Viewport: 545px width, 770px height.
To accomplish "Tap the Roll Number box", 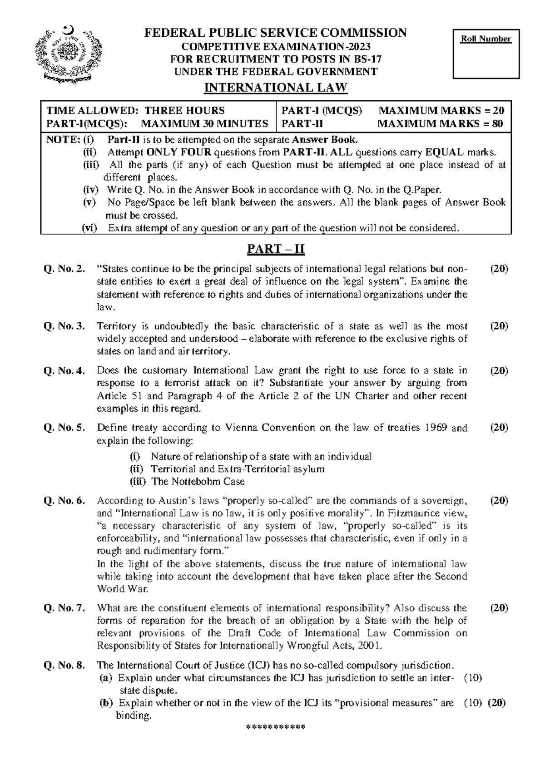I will pos(486,54).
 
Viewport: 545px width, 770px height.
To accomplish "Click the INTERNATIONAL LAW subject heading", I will pos(276,88).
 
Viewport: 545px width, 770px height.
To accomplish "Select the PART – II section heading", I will pos(275,249).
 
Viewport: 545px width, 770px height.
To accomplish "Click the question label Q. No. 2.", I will pos(64,269).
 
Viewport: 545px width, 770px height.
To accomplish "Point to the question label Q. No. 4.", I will pos(64,371).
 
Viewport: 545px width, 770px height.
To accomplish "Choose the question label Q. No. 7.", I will pos(64,608).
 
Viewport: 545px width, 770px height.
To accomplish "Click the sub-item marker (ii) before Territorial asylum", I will pos(136,469).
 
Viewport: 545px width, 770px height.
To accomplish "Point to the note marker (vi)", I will pos(90,228).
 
